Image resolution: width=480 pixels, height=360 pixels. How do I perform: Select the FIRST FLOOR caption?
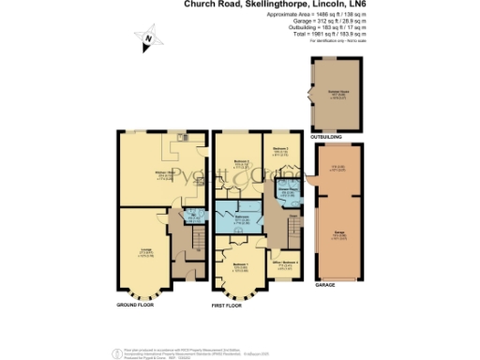pos(225,306)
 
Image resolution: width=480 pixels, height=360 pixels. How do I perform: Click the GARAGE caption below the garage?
pos(326,282)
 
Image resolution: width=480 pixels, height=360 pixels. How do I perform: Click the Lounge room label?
pos(145,250)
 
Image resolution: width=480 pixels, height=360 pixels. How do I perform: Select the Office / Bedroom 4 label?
pos(289,263)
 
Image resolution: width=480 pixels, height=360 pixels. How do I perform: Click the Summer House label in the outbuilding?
pos(335,94)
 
